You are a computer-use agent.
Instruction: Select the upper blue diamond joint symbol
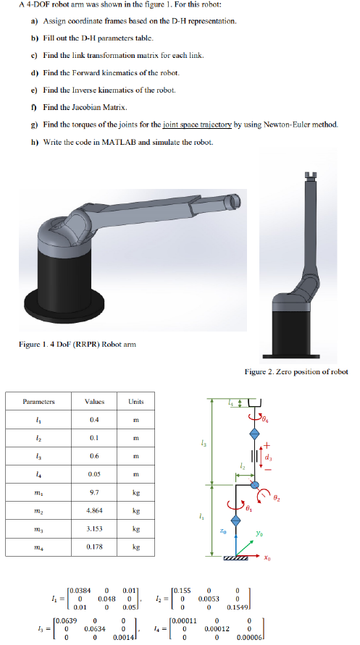(254, 432)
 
